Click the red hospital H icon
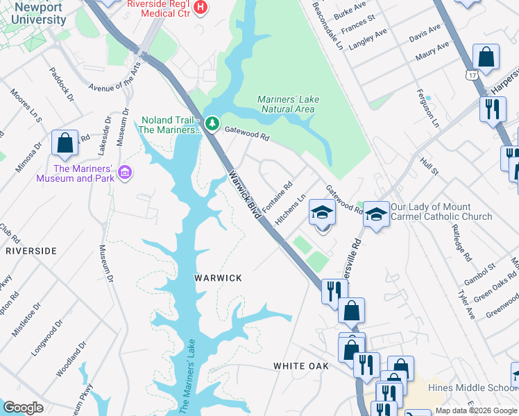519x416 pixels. [x=201, y=8]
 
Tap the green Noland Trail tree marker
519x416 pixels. [x=212, y=125]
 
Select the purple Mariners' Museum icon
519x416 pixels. [x=125, y=172]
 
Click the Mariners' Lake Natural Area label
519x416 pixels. [x=288, y=104]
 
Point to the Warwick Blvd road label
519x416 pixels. [x=244, y=195]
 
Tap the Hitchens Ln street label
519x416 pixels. [x=290, y=209]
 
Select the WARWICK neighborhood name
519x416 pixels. [x=218, y=278]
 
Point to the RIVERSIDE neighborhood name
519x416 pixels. [x=31, y=251]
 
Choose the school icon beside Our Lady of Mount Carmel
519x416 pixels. [x=375, y=214]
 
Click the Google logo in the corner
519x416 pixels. [x=24, y=408]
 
